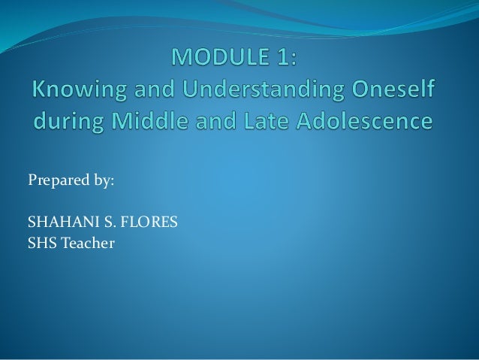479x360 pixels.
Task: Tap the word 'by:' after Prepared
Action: pyautogui.click(x=103, y=181)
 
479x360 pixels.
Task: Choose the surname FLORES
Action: pyautogui.click(x=146, y=223)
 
